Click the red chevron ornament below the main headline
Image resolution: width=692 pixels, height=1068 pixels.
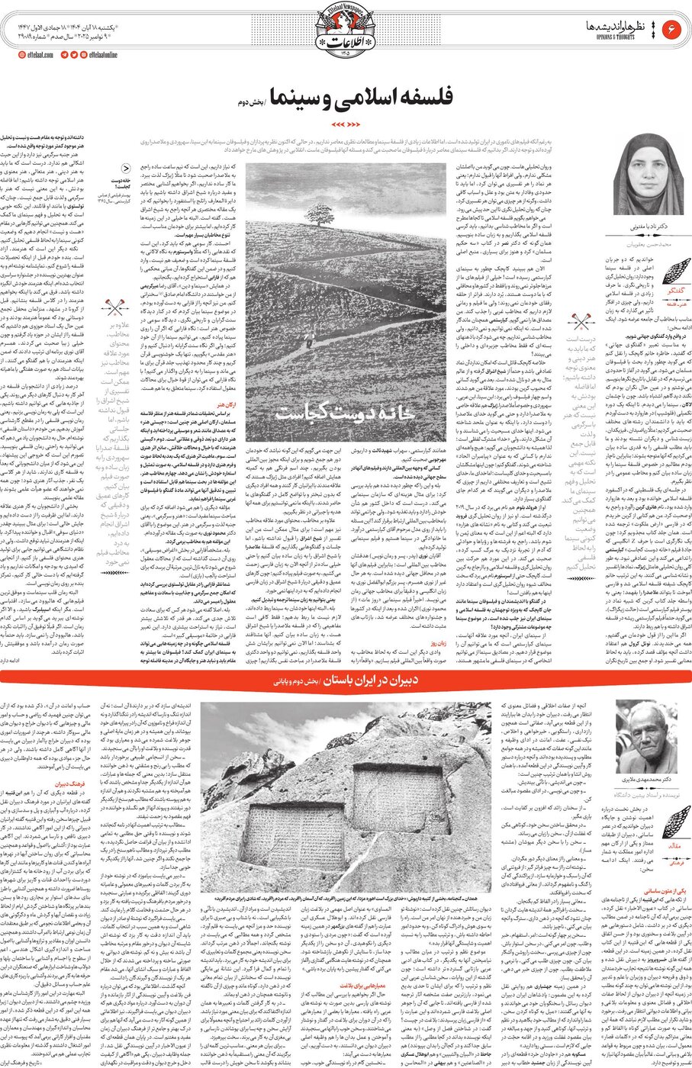click(x=346, y=123)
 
